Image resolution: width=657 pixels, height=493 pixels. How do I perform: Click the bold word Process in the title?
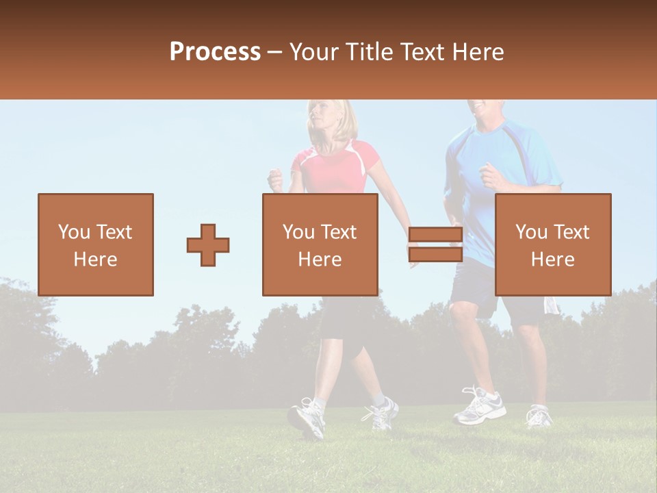click(x=215, y=52)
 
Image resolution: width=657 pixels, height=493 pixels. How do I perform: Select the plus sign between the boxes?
click(x=208, y=245)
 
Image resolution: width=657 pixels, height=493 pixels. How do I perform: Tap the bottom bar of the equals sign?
click(x=435, y=255)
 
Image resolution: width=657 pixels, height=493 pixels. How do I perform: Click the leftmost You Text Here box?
click(x=96, y=244)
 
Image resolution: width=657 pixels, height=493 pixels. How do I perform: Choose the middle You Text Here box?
click(x=320, y=244)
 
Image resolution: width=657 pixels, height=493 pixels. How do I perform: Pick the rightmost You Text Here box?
click(x=552, y=244)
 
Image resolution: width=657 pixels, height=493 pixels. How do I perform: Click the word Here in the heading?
click(x=478, y=52)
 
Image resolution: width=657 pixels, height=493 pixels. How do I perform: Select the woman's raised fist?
click(x=275, y=179)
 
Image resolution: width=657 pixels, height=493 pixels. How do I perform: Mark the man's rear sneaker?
click(x=539, y=416)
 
